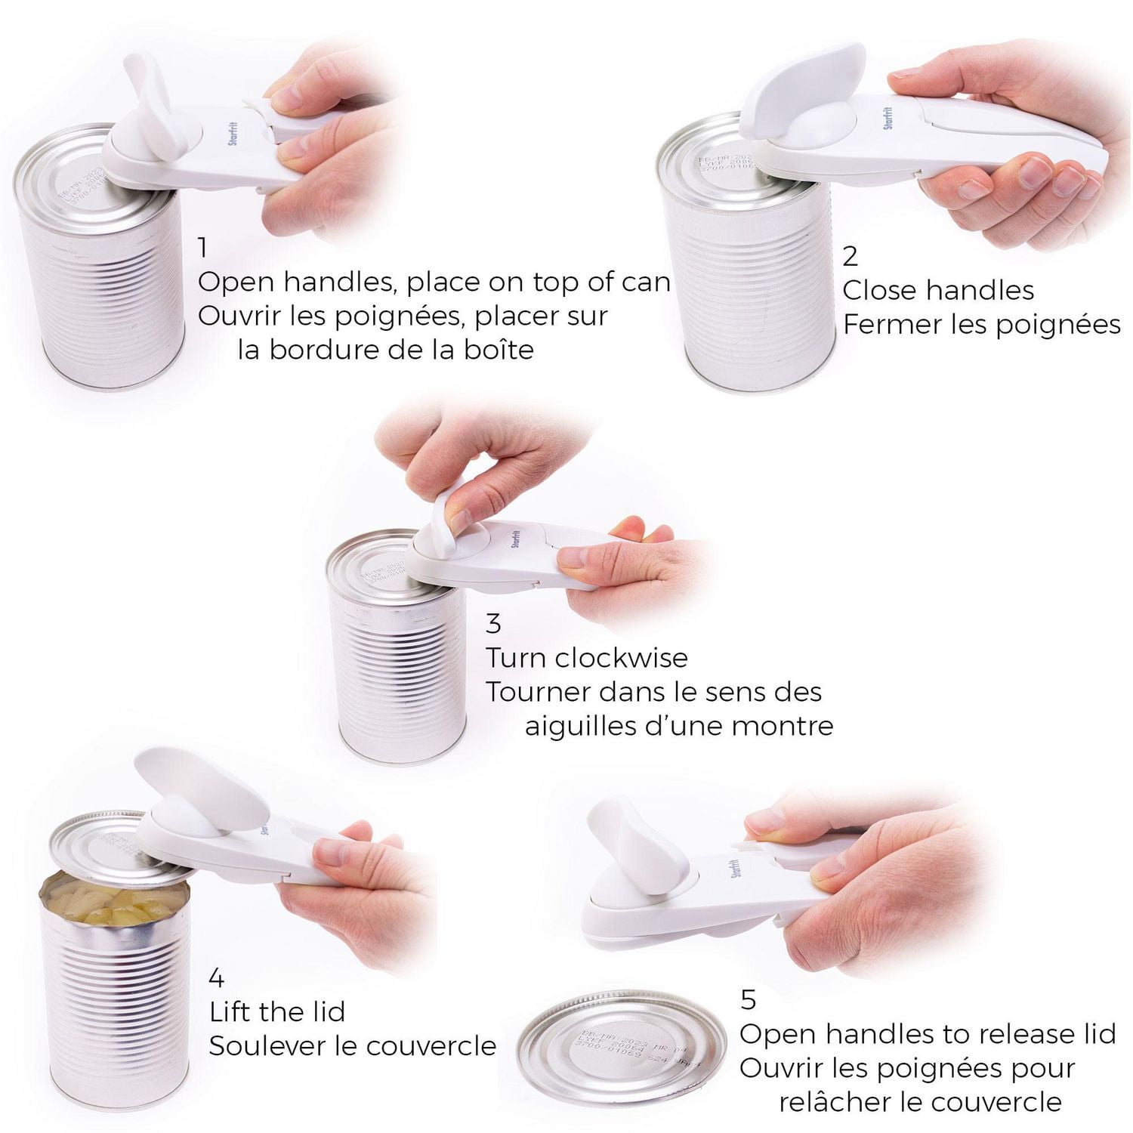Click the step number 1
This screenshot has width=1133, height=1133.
coord(202,247)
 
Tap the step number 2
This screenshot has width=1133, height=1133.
coord(850,256)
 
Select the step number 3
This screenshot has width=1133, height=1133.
coord(493,624)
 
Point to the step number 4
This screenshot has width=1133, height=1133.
coord(217,978)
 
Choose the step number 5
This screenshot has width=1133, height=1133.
coord(748,999)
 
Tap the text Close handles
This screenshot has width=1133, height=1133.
coord(938,290)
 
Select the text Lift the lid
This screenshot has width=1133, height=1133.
coord(277,1011)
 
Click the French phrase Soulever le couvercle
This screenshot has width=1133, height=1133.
coord(353,1046)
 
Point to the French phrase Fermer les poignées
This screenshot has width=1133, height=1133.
coord(981,325)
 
